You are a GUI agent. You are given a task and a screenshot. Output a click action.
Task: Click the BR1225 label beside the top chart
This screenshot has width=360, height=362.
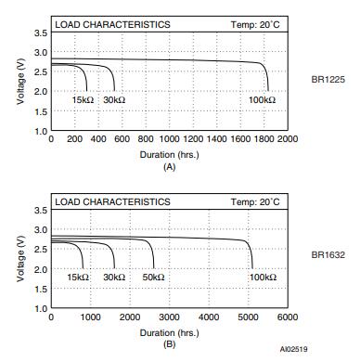tap(328, 80)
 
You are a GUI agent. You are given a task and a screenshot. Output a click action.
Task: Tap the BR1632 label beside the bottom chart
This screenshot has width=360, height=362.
tap(328, 252)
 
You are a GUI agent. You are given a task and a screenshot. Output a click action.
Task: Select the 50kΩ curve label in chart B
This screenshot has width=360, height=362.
tap(154, 277)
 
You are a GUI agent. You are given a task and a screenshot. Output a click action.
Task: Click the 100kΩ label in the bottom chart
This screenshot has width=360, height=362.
tap(263, 277)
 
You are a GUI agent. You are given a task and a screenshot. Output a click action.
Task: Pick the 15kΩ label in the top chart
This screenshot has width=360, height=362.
tap(84, 99)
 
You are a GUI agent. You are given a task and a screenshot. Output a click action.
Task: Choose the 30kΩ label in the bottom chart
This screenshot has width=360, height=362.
tap(114, 277)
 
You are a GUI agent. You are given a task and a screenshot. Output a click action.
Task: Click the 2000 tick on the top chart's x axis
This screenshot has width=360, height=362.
tap(288, 139)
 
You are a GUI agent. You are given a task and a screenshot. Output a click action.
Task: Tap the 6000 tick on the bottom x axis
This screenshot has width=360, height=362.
tap(288, 317)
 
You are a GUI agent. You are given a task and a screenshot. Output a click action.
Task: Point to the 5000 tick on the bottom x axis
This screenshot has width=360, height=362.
tap(248, 317)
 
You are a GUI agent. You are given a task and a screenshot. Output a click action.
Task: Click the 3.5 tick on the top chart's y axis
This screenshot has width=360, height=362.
tap(40, 33)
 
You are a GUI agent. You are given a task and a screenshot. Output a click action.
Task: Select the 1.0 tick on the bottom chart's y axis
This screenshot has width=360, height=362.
tap(40, 308)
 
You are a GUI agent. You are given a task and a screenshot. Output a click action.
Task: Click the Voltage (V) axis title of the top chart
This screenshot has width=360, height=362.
tap(19, 82)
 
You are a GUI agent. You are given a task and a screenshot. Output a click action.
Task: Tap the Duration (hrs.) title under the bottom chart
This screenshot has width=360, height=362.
tap(169, 332)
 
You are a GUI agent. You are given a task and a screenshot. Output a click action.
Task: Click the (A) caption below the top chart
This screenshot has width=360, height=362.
tap(169, 166)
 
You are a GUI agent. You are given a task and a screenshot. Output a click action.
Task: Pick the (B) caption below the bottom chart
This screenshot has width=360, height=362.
tap(169, 344)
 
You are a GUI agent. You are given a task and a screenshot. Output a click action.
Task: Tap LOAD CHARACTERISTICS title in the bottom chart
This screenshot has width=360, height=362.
tap(112, 201)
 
